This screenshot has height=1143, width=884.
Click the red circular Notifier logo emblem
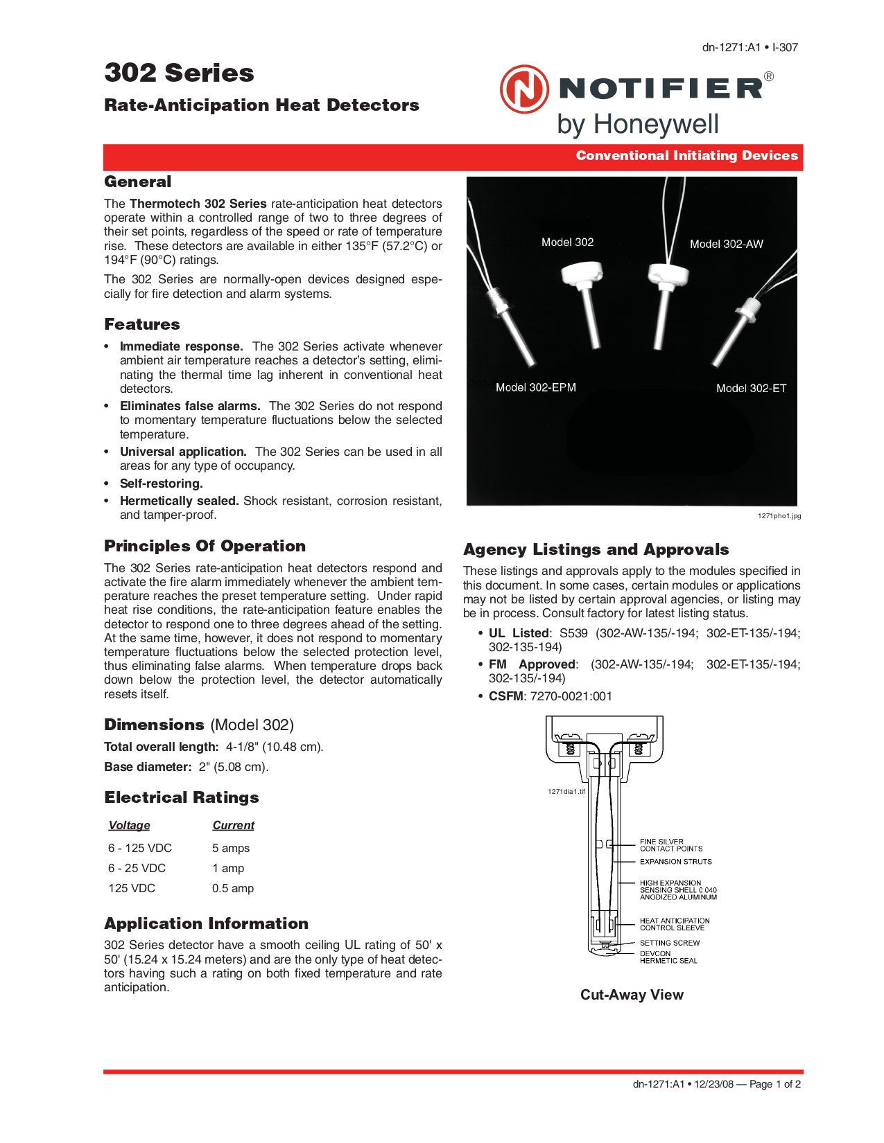(524, 89)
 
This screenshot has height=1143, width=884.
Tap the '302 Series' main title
(179, 73)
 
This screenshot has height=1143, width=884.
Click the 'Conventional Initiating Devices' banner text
(686, 156)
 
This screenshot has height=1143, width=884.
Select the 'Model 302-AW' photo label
(726, 244)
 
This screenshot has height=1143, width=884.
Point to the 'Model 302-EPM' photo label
(535, 387)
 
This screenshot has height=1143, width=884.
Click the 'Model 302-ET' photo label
(751, 388)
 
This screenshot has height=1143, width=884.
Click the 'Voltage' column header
(129, 825)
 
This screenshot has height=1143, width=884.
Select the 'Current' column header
(233, 825)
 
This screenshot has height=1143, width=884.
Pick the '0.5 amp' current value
(233, 888)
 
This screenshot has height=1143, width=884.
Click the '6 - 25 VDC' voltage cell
(137, 868)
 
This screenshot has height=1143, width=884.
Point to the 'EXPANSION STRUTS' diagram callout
(675, 862)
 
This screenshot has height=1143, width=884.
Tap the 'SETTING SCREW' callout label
(669, 943)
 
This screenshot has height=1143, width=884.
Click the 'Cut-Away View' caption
(632, 995)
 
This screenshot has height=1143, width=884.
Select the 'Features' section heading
(142, 324)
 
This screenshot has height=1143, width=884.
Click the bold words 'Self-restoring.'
(162, 484)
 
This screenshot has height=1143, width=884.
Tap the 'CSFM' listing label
(505, 696)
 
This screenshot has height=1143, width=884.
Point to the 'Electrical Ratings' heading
(182, 797)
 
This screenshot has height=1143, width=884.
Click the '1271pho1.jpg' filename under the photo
(779, 516)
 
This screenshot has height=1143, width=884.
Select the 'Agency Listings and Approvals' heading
(596, 549)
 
